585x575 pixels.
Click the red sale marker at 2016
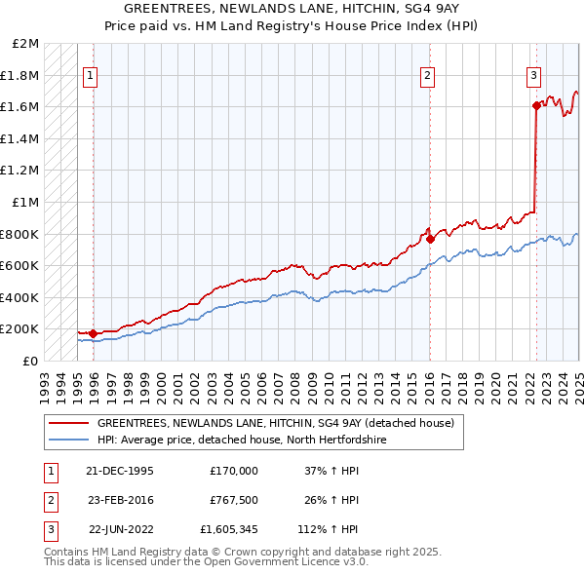point(430,238)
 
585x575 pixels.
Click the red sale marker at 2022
point(536,105)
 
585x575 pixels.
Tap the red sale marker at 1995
point(93,333)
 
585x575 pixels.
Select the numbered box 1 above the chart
point(90,75)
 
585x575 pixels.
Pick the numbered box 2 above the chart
point(427,75)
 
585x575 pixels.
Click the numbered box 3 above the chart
point(534,75)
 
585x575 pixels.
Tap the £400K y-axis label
point(21,297)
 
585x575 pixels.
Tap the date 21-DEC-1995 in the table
point(119,470)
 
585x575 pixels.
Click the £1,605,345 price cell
point(231,530)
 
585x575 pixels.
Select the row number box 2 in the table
point(50,500)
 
